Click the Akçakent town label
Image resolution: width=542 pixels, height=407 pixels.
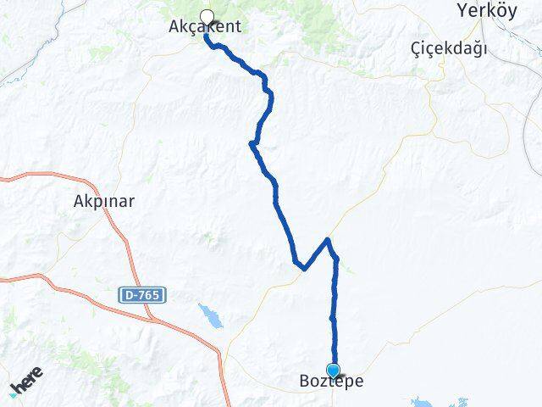pyautogui.click(x=206, y=27)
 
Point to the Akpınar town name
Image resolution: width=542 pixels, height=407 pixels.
pyautogui.click(x=105, y=202)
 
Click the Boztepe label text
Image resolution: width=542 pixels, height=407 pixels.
pyautogui.click(x=331, y=382)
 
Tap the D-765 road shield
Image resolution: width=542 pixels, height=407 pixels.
pyautogui.click(x=142, y=294)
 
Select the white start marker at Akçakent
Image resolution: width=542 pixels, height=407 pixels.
pyautogui.click(x=206, y=15)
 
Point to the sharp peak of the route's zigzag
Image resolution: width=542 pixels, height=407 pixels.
pyautogui.click(x=329, y=240)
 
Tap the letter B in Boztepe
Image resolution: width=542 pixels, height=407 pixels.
pyautogui.click(x=304, y=382)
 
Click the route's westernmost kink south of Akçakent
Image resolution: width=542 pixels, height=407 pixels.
pyautogui.click(x=252, y=143)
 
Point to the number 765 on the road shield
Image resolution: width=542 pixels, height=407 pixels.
pyautogui.click(x=147, y=294)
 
